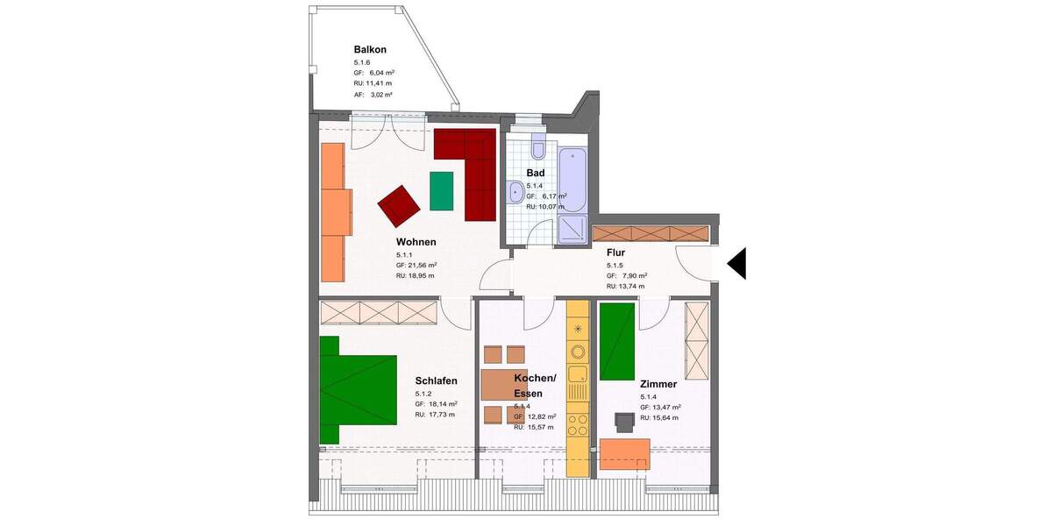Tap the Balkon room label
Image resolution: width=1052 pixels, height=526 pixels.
click(370, 50)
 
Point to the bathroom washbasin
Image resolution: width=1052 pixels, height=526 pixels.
click(513, 192)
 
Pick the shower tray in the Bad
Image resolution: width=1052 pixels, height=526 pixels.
click(572, 230)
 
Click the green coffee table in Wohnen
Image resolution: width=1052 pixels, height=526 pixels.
click(442, 191)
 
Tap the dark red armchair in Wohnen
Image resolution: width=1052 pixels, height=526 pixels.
click(399, 205)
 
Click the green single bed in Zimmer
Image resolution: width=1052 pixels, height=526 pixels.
click(617, 341)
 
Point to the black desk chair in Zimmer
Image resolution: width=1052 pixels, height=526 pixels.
click(624, 422)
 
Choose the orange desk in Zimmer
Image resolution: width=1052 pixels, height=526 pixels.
click(625, 454)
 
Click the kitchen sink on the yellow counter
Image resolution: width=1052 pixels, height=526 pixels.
click(578, 380)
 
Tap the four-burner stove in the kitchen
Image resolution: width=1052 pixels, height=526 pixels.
click(578, 424)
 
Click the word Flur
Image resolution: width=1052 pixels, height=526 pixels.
click(615, 252)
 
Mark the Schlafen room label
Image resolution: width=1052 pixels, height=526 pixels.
click(437, 381)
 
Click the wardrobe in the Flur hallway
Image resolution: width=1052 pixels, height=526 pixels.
click(650, 234)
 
